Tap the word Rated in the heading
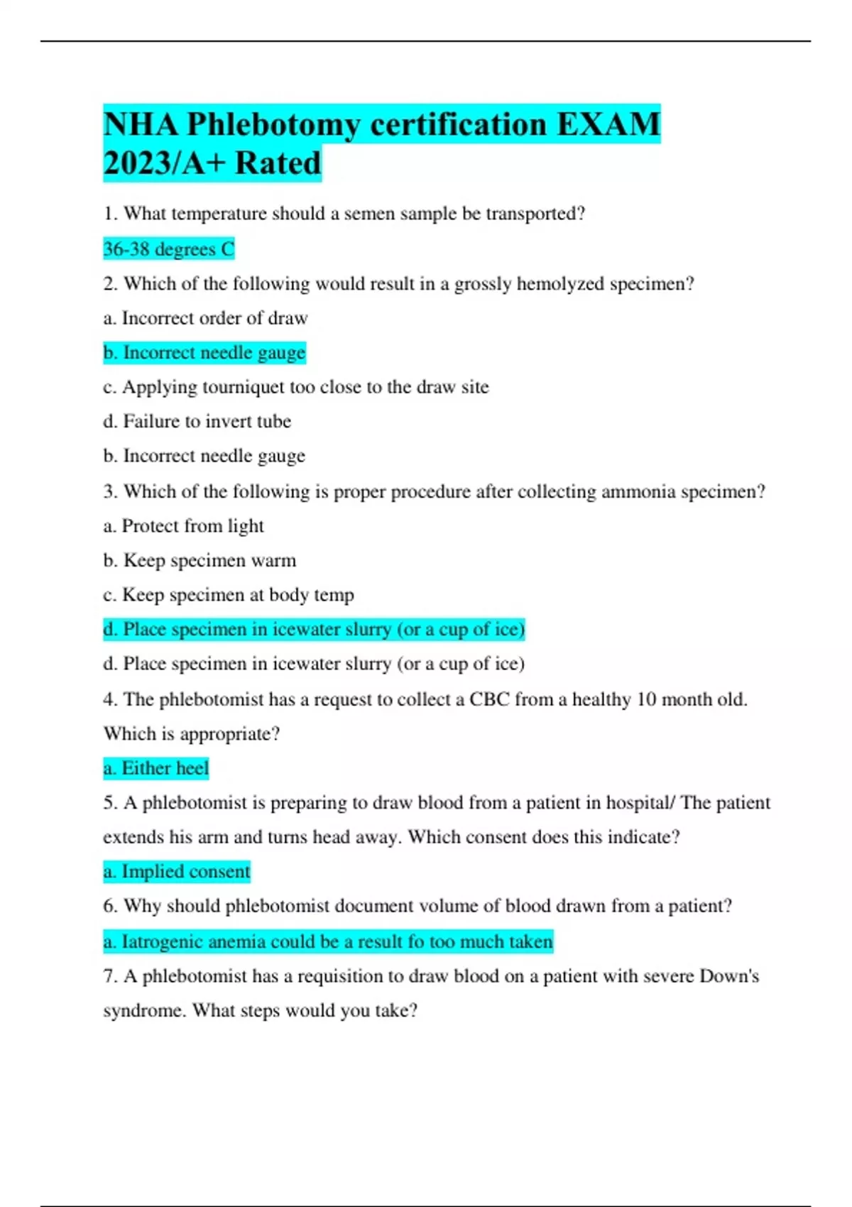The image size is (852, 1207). pos(278,163)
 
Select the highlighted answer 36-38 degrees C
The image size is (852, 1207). pos(168,249)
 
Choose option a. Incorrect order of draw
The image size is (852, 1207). pos(205,318)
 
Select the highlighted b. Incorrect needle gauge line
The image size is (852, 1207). pos(204,353)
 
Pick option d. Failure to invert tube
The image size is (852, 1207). pos(197,422)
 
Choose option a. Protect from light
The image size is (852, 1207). pos(183,526)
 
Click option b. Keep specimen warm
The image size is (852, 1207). pos(200,561)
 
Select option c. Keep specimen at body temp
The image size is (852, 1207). pos(228,595)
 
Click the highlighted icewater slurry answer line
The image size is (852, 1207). pos(314,630)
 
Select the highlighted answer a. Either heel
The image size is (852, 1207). pos(156,768)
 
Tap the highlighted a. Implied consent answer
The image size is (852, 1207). pos(177,872)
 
